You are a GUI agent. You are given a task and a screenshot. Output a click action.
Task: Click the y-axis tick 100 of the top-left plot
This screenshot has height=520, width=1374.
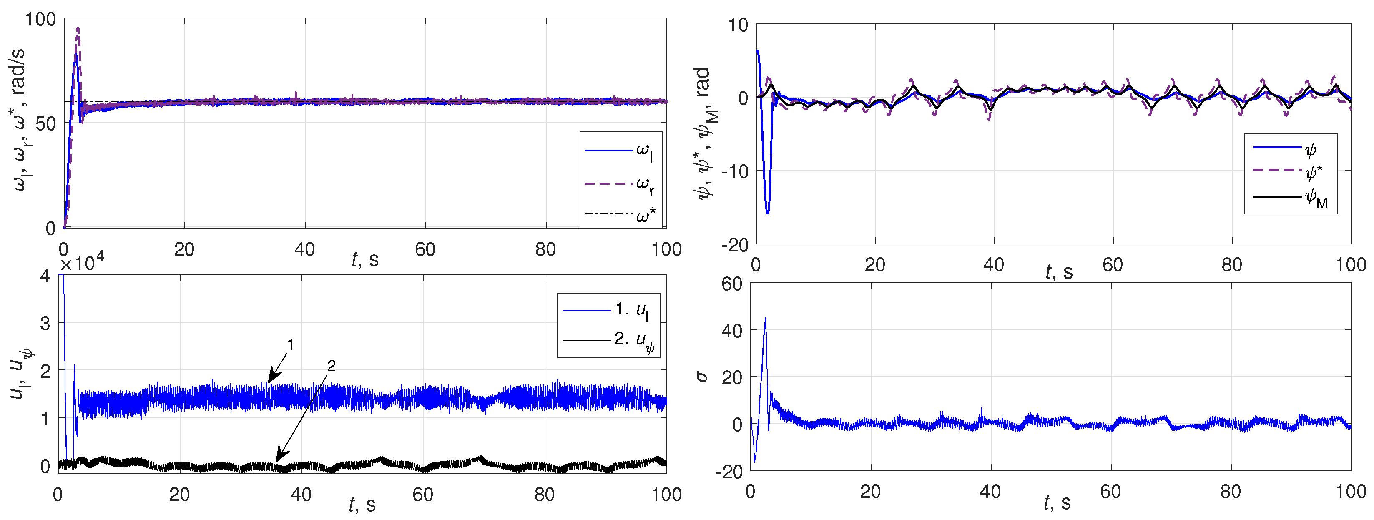tap(40, 20)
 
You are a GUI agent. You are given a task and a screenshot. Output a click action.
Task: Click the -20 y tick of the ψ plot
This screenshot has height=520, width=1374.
tap(735, 245)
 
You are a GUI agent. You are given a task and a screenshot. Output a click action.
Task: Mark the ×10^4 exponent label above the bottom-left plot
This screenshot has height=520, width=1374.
tap(82, 264)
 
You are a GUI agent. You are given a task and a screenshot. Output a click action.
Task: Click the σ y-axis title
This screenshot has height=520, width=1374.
tap(702, 377)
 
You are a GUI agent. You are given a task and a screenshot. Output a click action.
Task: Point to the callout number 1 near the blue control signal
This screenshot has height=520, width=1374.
tap(291, 345)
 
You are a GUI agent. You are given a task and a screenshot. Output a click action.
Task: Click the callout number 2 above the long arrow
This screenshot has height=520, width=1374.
tap(331, 366)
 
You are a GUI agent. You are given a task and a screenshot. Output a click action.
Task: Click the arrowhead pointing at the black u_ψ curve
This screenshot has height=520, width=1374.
tap(280, 457)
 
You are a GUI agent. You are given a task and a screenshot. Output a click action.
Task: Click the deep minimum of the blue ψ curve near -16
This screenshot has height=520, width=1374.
tap(768, 213)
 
